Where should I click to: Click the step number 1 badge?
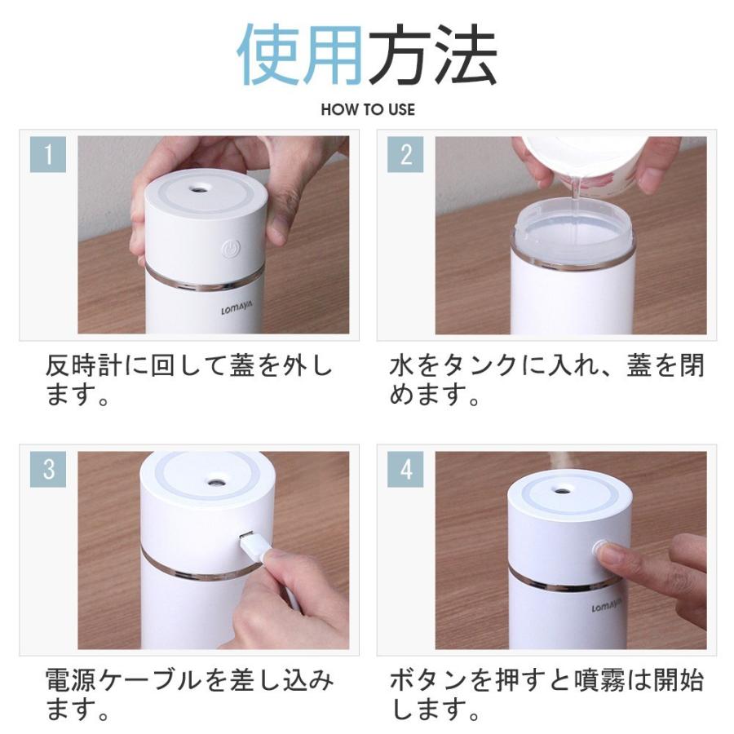[x=48, y=154]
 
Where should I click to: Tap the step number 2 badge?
[x=405, y=154]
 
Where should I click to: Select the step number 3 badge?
[x=48, y=469]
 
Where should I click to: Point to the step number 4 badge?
[x=405, y=469]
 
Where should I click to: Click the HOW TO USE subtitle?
[x=368, y=109]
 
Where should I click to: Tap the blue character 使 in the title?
[x=268, y=54]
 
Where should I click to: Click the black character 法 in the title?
[x=466, y=54]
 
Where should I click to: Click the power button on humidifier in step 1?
[x=231, y=249]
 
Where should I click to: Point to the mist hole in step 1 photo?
[x=199, y=189]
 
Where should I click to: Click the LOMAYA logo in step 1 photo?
[x=237, y=307]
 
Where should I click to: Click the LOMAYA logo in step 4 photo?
[x=607, y=605]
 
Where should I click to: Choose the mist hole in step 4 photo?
[x=562, y=491]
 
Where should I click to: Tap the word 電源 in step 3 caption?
[x=72, y=681]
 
